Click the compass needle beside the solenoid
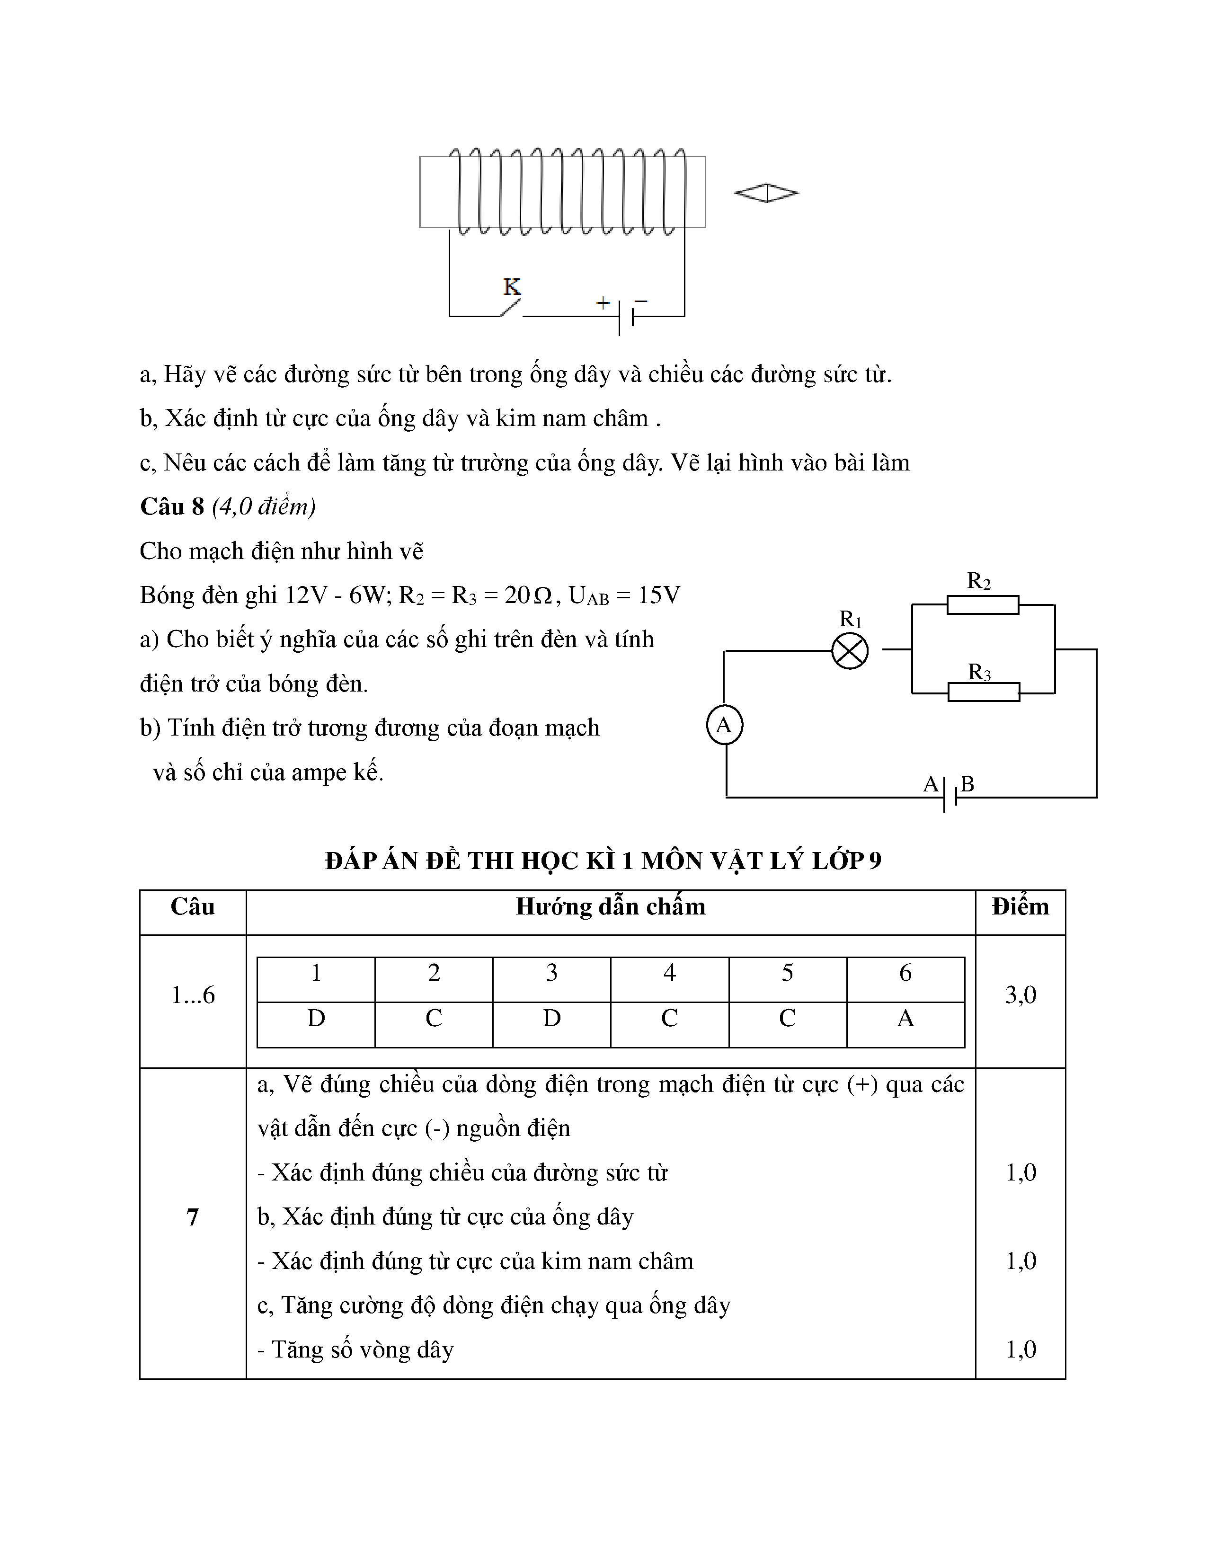766,193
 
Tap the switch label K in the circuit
511,287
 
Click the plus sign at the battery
603,302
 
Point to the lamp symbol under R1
850,651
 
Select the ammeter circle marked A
724,725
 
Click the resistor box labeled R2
983,605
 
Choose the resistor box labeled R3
983,692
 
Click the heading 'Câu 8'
172,507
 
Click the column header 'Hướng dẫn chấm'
610,907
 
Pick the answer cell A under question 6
905,1019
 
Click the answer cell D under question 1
316,1019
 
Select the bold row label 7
192,1217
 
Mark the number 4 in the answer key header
669,973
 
